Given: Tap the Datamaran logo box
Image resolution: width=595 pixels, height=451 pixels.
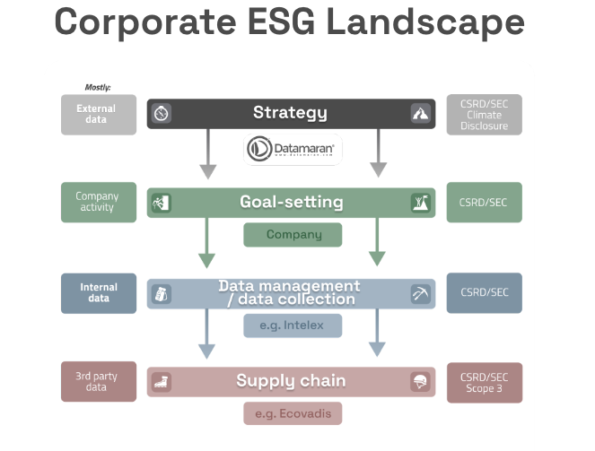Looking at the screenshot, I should point(292,149).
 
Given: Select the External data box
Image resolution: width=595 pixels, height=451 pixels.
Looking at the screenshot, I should point(99,114).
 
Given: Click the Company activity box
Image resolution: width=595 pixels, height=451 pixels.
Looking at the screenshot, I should point(99,202).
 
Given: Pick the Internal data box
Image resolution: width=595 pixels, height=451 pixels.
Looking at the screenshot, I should point(99,293).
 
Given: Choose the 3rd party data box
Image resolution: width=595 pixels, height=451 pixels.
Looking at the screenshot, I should point(99,381).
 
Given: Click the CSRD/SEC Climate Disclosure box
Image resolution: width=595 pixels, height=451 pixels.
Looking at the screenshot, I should point(485,115).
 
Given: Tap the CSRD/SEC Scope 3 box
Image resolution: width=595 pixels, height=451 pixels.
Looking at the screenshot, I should point(485,381).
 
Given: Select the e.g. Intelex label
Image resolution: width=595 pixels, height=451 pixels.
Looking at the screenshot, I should point(293,325).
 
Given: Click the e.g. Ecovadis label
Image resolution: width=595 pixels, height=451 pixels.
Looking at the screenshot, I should point(293,413).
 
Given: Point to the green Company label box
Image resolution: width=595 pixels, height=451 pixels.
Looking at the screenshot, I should point(293,235).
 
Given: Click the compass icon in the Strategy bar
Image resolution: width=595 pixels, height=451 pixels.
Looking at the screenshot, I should point(162,114).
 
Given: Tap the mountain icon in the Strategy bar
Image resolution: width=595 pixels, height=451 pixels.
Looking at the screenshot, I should point(420,114).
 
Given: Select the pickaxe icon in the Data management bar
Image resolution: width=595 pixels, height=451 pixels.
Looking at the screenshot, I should point(420,293).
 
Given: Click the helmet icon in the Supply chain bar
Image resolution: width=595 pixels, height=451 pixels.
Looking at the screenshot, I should point(420,382).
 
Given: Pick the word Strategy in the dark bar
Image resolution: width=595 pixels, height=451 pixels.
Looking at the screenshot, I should point(290,113).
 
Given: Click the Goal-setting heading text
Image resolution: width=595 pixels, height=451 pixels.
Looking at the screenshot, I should point(292,202).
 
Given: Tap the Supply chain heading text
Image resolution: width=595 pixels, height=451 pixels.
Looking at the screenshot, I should point(291,381).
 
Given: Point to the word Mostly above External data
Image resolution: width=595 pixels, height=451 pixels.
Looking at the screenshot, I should point(98,88).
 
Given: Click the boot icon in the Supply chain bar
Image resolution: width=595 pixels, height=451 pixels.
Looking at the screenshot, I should point(162,382).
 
